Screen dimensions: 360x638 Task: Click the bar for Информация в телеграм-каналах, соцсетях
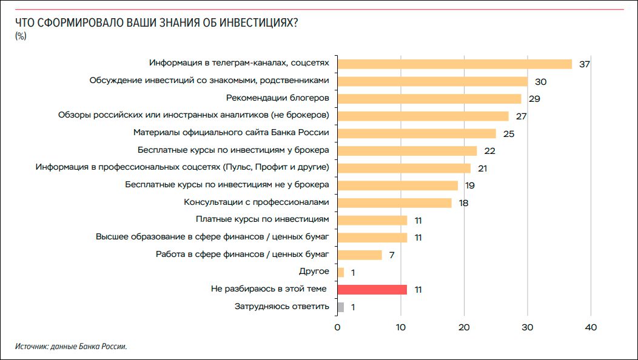(x=454, y=64)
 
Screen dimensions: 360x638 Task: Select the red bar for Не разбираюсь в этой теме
(x=372, y=290)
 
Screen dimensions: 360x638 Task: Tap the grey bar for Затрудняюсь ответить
(x=340, y=307)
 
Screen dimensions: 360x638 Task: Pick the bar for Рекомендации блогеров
(x=429, y=99)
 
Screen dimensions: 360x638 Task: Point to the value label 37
(x=584, y=64)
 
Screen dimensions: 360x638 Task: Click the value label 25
(x=508, y=134)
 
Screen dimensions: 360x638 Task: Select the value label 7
(x=392, y=255)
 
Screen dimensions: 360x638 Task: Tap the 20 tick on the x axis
(x=464, y=328)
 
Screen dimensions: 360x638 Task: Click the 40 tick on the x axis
(x=591, y=328)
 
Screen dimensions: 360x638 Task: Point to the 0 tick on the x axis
(x=337, y=328)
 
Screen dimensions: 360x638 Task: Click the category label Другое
(x=314, y=272)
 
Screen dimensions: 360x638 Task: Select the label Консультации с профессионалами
(x=256, y=202)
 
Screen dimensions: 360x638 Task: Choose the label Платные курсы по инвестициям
(x=262, y=219)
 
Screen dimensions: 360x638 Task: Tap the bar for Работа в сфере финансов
(x=359, y=255)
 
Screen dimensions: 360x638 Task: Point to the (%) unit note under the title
(x=21, y=36)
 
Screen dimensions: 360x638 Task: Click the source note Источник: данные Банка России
(x=72, y=347)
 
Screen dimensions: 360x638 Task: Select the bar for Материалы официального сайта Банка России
(x=416, y=133)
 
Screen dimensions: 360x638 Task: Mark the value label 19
(x=469, y=185)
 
